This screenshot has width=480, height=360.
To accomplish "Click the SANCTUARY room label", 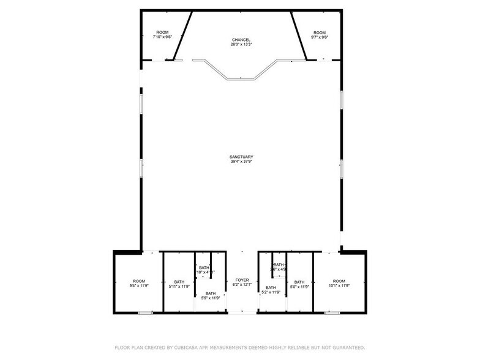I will [241, 157].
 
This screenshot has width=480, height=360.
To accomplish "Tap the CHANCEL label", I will [241, 40].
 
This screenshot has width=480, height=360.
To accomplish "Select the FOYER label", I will [242, 280].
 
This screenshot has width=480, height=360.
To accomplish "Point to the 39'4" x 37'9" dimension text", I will [241, 162].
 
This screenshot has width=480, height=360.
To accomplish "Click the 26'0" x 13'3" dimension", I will [241, 45].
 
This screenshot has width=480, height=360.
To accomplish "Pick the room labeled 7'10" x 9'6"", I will [162, 35].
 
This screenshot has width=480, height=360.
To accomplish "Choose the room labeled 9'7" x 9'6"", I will [320, 35].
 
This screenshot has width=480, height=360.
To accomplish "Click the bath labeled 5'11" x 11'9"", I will [179, 283].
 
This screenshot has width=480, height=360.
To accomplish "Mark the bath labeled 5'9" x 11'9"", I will [210, 296].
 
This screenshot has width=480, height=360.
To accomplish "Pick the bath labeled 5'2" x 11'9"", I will [271, 290].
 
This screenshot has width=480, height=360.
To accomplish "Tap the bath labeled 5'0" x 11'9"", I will [299, 283].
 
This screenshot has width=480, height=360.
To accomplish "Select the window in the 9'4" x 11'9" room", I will [145, 313].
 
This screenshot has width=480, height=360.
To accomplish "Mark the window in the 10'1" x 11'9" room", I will [332, 313].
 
